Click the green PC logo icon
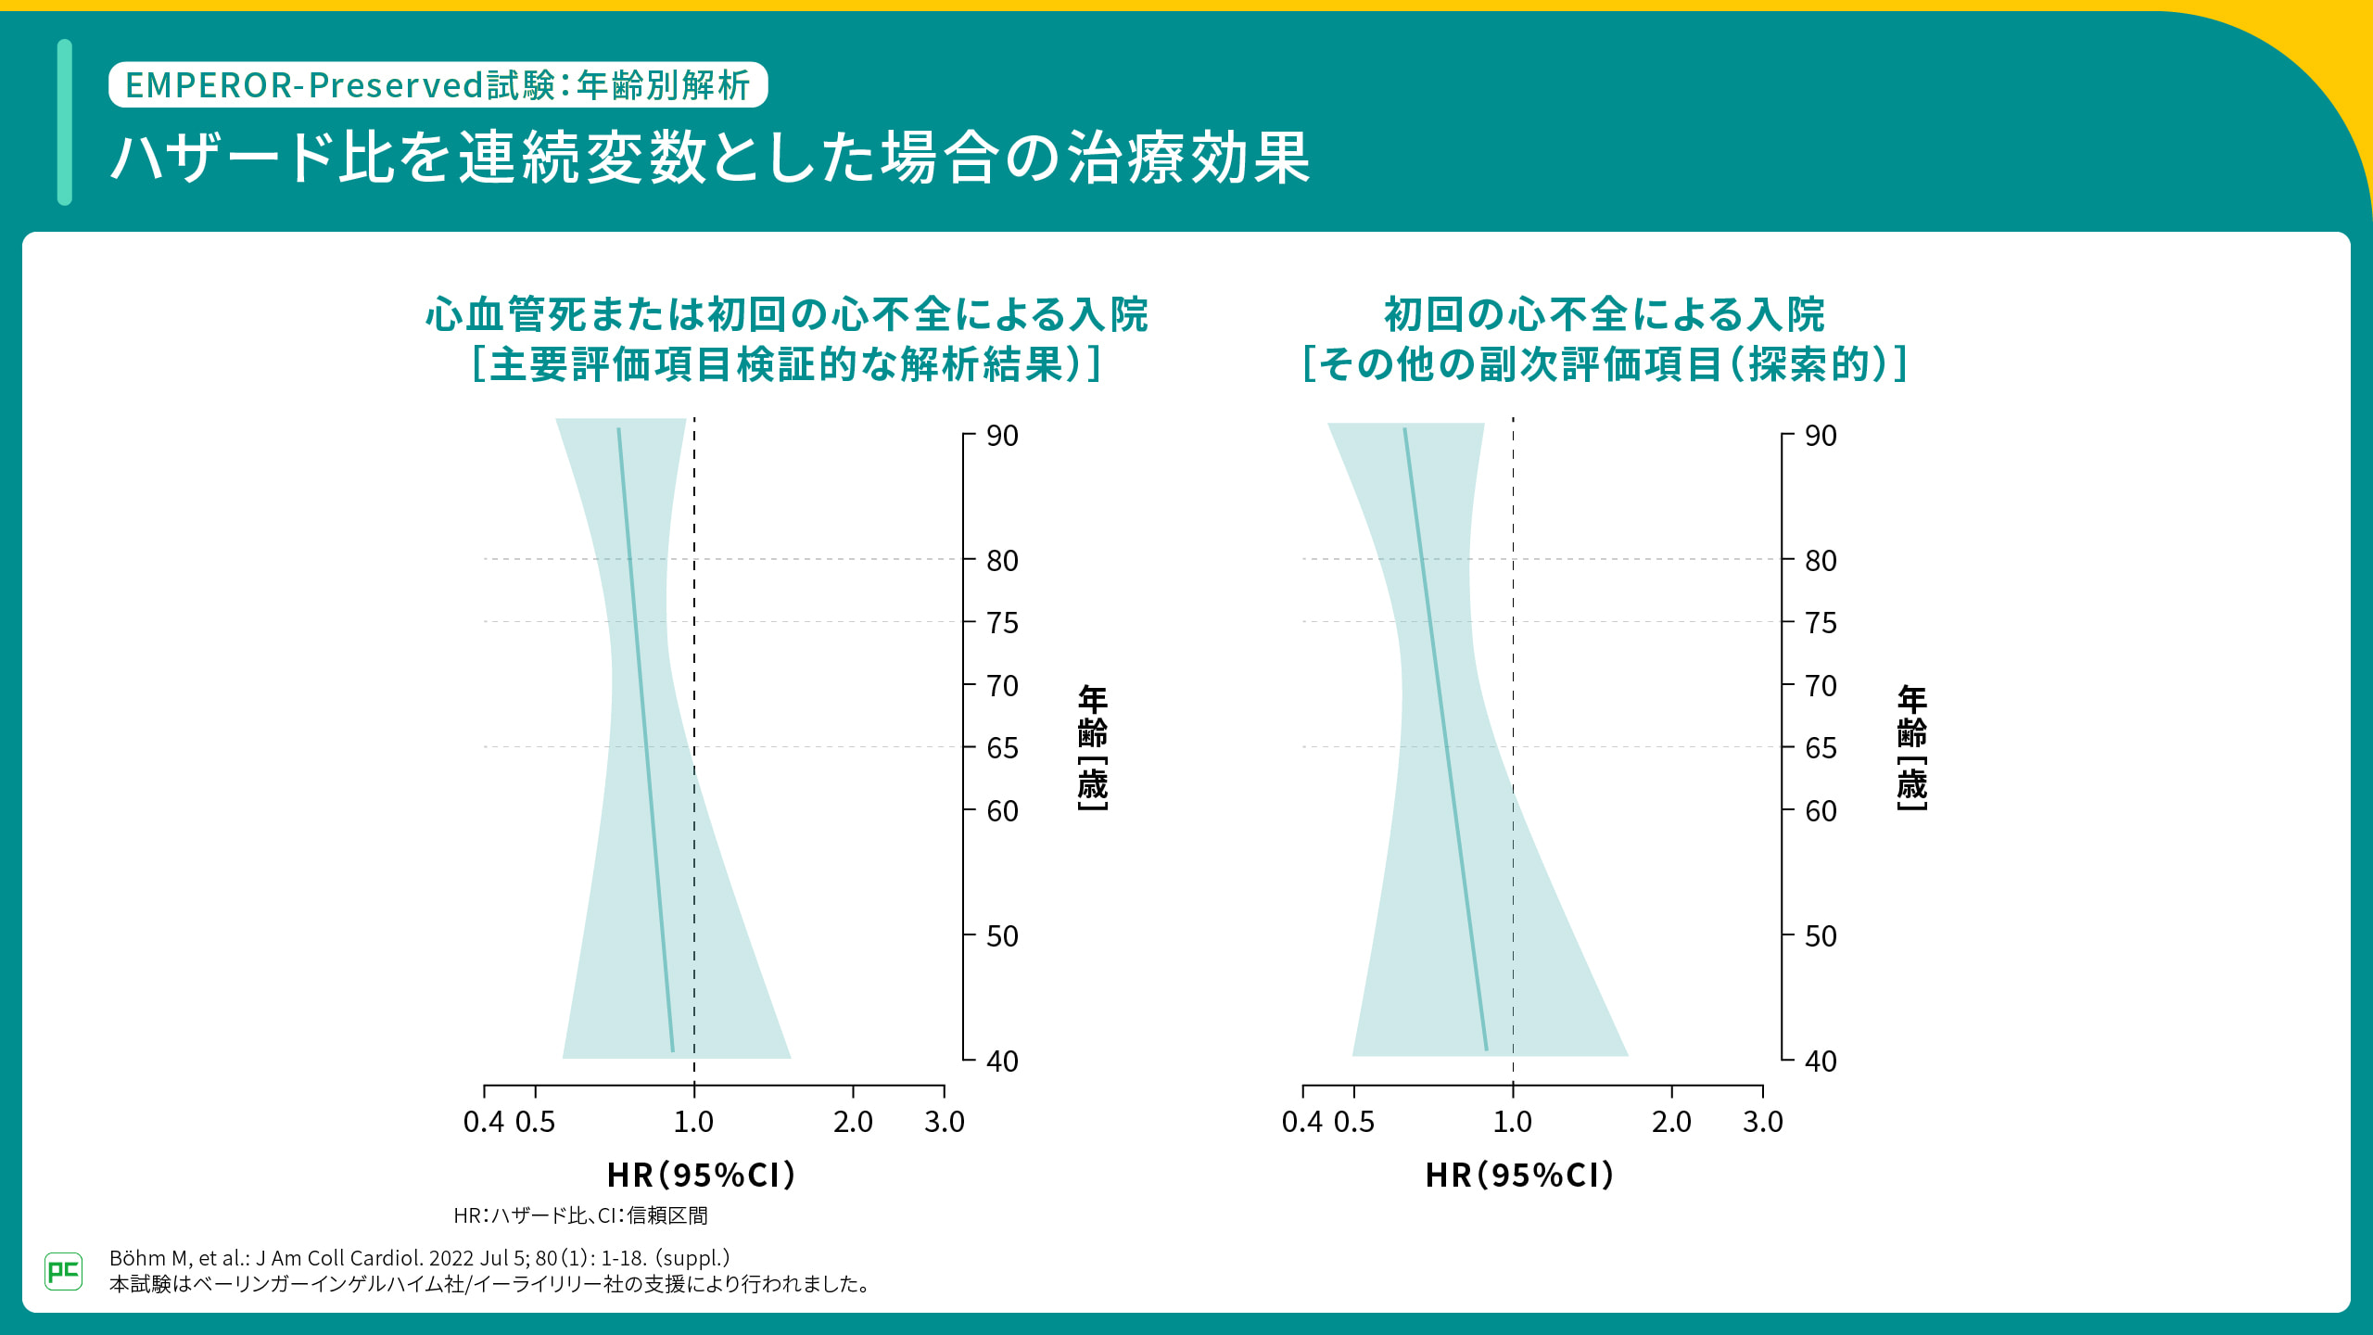coord(63,1270)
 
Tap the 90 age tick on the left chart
coord(1001,436)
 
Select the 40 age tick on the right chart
coord(1820,1061)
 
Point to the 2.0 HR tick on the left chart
coord(853,1122)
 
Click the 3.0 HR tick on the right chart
coord(1762,1122)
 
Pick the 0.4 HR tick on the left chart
coord(483,1122)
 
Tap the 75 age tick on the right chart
coord(1820,623)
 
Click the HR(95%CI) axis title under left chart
coord(702,1176)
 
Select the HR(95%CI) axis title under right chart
coord(1520,1176)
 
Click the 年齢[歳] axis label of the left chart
coord(1093,747)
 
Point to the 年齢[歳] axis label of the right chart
coord(1911,747)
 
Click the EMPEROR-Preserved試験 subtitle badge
coord(438,85)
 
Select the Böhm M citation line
coord(419,1258)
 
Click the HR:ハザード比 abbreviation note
coord(580,1215)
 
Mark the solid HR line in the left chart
coord(645,742)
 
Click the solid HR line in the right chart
coord(1445,742)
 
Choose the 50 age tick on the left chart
coord(1001,935)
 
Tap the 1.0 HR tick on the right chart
coord(1513,1122)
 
